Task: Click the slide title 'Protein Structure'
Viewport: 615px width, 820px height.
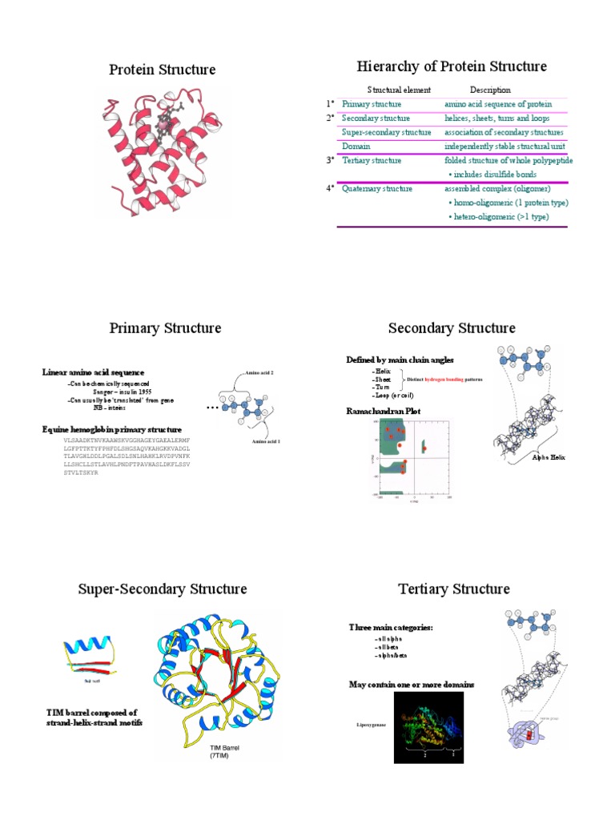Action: click(x=162, y=70)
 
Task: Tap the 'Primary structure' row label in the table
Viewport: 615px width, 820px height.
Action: click(x=372, y=104)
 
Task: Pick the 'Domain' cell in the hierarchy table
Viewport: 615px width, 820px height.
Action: click(x=356, y=147)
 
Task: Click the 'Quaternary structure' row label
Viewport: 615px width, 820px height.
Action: click(x=377, y=189)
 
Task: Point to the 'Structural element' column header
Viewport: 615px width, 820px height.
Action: click(x=399, y=90)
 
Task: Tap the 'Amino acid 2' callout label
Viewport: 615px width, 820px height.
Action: click(x=259, y=373)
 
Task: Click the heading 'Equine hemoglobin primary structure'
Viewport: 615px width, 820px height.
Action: click(x=111, y=429)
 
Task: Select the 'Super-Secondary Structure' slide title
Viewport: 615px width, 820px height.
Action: click(x=163, y=589)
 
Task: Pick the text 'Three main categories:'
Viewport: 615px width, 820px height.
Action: click(x=391, y=627)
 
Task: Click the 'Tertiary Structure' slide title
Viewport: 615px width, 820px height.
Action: click(x=453, y=589)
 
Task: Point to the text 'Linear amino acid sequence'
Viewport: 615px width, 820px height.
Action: click(x=93, y=372)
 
